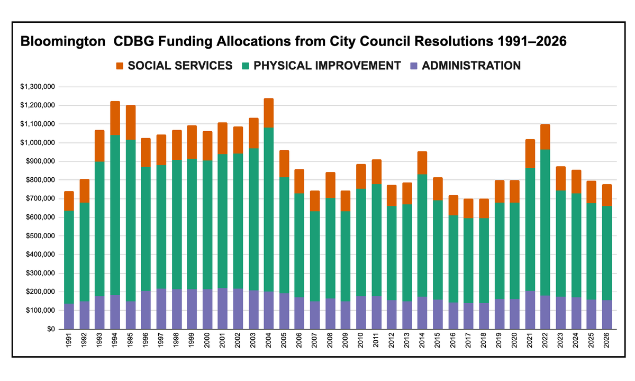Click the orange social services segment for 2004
click(x=268, y=113)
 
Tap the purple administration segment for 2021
click(x=529, y=310)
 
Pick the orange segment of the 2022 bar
click(x=545, y=137)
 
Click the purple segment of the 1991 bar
click(x=69, y=316)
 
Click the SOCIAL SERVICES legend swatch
click(x=119, y=66)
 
